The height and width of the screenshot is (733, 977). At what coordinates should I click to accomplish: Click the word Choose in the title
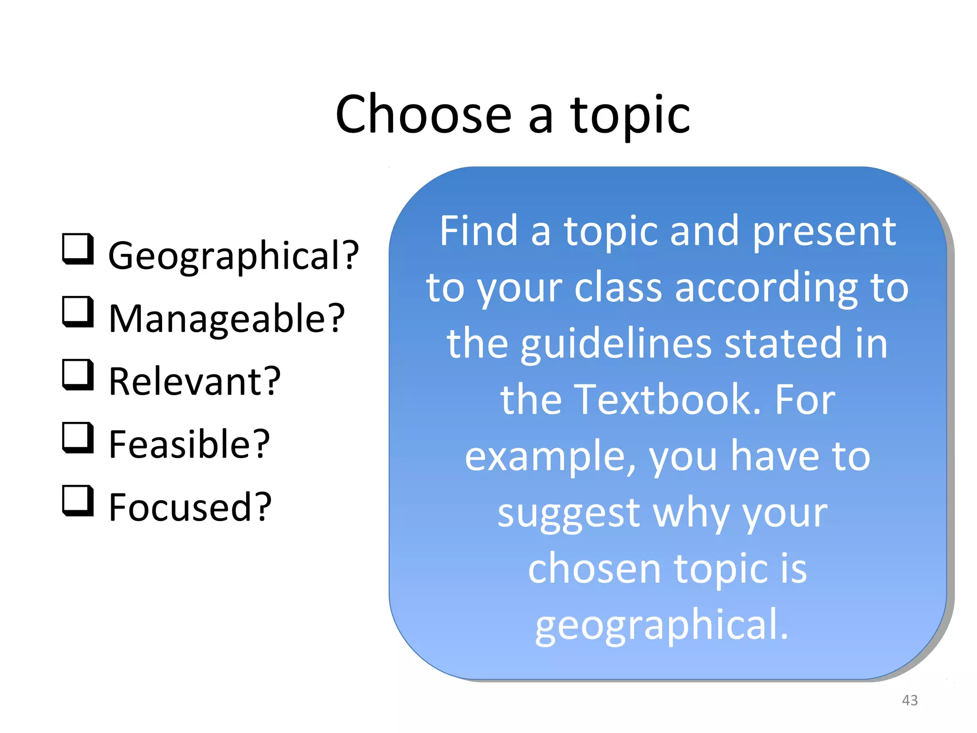click(424, 115)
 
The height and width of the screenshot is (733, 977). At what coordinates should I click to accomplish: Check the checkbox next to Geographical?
click(77, 249)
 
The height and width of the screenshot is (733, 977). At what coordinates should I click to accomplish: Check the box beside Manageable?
click(77, 312)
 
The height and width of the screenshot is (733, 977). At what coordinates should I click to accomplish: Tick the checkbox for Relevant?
click(77, 375)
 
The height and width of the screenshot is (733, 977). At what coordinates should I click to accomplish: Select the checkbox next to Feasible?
click(77, 438)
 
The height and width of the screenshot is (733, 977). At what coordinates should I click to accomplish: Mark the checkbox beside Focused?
click(77, 501)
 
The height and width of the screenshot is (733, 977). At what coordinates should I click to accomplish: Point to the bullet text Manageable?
click(227, 319)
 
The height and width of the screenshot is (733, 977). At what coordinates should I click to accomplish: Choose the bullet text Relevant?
click(195, 382)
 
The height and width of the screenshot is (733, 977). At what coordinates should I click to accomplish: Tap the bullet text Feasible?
click(189, 445)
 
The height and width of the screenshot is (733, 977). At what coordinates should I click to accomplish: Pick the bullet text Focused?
click(190, 508)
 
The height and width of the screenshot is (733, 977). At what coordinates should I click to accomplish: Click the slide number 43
click(910, 700)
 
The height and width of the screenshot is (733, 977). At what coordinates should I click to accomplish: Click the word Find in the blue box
click(478, 231)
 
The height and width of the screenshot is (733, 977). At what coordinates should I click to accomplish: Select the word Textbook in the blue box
click(667, 399)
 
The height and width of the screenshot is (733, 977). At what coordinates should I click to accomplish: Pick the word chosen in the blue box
click(594, 569)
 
